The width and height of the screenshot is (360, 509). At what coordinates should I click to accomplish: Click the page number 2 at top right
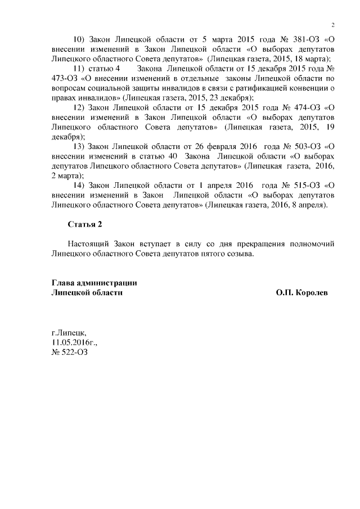pyautogui.click(x=333, y=24)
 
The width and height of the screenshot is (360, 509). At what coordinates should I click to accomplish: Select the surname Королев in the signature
pyautogui.click(x=311, y=293)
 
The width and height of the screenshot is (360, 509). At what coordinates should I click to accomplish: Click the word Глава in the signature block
pyautogui.click(x=64, y=283)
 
